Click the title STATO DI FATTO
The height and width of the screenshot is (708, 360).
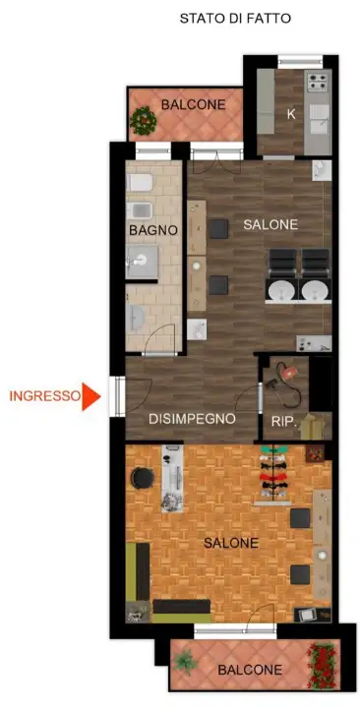click(x=235, y=19)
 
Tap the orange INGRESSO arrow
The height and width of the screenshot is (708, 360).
click(x=90, y=396)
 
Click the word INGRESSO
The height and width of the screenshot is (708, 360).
click(x=44, y=396)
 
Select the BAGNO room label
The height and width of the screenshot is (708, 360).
click(x=153, y=230)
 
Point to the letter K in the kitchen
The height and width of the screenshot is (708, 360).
click(x=291, y=115)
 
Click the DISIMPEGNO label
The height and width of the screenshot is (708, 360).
click(x=192, y=419)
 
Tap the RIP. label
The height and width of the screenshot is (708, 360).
click(x=283, y=422)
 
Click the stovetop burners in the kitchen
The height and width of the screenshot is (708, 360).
click(x=318, y=83)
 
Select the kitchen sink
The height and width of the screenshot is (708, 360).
click(x=320, y=119)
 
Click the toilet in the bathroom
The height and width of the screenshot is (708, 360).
click(x=140, y=183)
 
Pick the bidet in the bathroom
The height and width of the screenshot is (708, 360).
click(x=139, y=210)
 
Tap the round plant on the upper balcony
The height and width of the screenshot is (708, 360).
click(x=144, y=121)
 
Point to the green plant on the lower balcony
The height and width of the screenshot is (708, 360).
click(x=185, y=662)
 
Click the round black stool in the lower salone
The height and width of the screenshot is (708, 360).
click(x=143, y=478)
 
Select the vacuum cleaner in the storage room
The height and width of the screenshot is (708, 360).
click(x=284, y=383)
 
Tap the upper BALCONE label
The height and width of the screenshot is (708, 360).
click(x=194, y=105)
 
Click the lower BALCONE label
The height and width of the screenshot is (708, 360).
click(x=250, y=670)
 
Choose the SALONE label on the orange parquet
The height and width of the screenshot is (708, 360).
click(x=231, y=543)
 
